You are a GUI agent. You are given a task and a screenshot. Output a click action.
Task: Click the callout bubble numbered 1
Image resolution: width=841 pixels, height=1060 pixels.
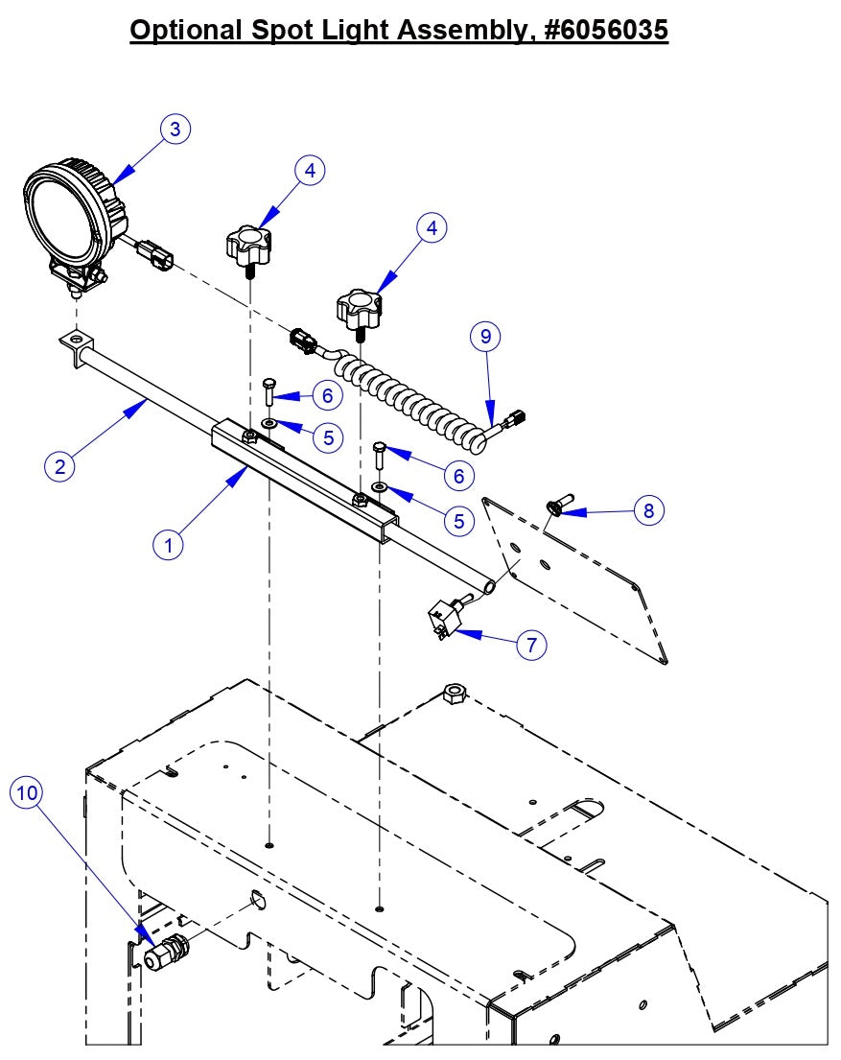pos(169,545)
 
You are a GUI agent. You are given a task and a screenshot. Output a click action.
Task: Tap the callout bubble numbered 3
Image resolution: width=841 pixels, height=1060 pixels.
pos(175,130)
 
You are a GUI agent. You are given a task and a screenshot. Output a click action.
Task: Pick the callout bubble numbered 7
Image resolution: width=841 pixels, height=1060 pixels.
pos(531,645)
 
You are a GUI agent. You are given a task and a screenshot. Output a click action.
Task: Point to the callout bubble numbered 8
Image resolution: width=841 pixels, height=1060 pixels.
pos(648,510)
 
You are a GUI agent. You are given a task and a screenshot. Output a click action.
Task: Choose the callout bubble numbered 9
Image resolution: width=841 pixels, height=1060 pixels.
pos(485,337)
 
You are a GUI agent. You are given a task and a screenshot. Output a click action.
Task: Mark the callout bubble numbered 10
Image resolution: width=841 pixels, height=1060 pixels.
pos(28,792)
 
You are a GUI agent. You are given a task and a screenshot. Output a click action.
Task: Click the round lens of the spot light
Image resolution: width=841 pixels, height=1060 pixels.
pos(60,217)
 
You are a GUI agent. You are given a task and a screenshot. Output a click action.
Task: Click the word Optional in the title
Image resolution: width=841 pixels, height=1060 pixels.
pos(185,30)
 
